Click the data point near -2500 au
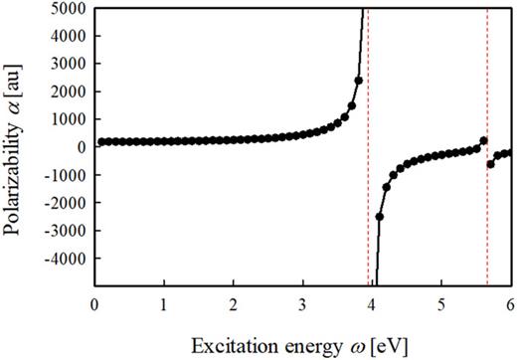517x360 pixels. [x=379, y=216]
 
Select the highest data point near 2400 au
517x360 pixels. [x=358, y=81]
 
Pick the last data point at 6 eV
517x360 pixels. [x=508, y=152]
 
